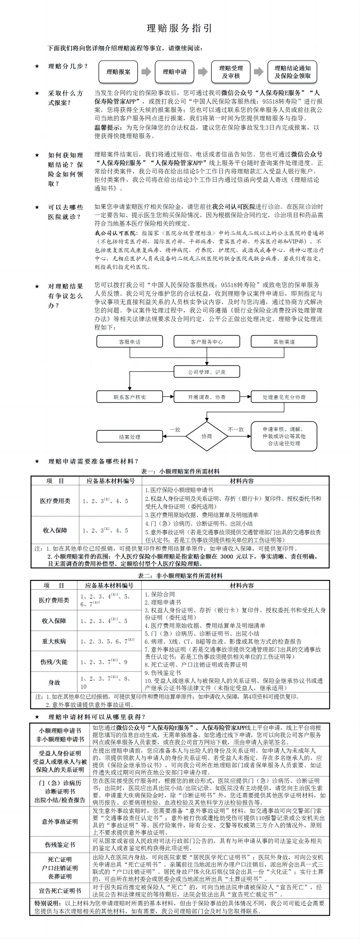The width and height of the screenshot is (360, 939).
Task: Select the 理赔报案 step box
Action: click(x=118, y=72)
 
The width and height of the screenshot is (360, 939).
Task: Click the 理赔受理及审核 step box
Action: click(x=231, y=72)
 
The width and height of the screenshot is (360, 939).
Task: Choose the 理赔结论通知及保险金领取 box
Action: click(x=292, y=72)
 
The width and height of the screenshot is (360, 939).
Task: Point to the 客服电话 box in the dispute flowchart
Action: click(x=129, y=342)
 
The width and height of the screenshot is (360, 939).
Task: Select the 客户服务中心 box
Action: click(x=207, y=342)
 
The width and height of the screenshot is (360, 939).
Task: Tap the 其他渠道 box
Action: click(x=284, y=342)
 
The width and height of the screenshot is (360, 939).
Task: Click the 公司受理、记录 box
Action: click(x=207, y=372)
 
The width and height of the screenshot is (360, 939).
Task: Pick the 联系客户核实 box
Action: click(x=129, y=397)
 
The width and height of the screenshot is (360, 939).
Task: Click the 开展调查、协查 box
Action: click(x=207, y=397)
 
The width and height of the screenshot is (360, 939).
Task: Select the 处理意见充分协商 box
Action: click(x=284, y=397)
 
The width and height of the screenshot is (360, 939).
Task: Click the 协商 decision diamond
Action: click(x=207, y=436)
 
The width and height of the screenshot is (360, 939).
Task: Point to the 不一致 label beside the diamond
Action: click(x=236, y=429)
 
